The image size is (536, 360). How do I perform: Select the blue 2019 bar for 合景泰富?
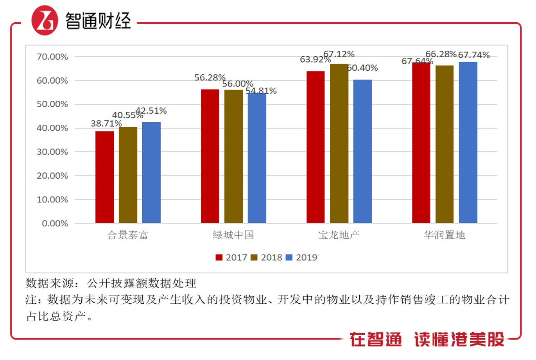point(151,172)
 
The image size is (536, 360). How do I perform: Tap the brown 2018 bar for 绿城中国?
point(233,156)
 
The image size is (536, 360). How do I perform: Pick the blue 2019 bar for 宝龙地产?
point(362,151)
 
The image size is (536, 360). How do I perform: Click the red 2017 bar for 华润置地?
point(421,143)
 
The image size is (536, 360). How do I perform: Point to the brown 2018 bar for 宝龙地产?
point(339,143)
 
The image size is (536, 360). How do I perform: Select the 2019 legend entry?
point(301,258)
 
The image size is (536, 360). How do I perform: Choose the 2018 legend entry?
point(266,258)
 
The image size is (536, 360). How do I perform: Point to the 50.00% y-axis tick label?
point(52,104)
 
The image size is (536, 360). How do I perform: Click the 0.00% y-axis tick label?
point(55,224)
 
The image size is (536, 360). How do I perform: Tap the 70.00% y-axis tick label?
point(52,57)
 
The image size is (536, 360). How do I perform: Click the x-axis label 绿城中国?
point(233,235)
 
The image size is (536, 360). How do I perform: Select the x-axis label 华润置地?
point(445,235)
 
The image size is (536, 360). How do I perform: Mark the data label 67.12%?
point(339,54)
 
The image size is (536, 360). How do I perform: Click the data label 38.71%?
point(106,124)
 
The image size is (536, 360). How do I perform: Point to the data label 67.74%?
point(474,55)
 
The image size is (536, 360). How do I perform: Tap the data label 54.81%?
point(261,91)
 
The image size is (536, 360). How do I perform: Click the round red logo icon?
point(45,20)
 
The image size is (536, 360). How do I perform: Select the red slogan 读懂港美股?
point(459,339)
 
